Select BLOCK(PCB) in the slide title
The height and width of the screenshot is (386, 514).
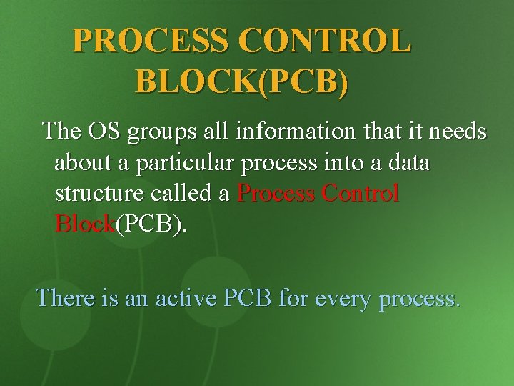pyautogui.click(x=242, y=82)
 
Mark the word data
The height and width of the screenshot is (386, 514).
pyautogui.click(x=408, y=162)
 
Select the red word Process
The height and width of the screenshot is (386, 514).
pyautogui.click(x=276, y=194)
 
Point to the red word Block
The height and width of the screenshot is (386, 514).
pyautogui.click(x=84, y=224)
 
